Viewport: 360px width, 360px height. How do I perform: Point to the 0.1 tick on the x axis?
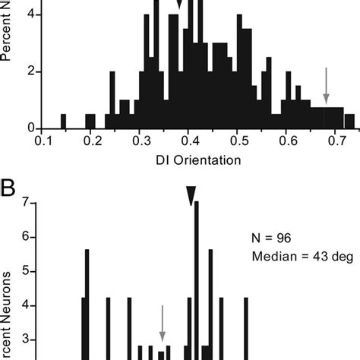point(43,141)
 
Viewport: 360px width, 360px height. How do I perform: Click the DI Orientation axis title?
point(189,160)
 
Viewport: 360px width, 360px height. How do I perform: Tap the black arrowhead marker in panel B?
point(191,197)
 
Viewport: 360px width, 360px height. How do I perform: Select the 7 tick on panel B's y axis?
point(28,203)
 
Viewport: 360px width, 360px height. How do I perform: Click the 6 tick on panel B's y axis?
point(28,237)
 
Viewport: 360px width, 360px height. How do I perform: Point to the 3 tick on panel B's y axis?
point(28,339)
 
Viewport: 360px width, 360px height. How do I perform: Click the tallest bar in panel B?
point(196,281)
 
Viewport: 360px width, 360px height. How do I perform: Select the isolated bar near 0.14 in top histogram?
point(63,121)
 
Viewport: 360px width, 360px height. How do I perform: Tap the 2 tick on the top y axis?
point(25,72)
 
